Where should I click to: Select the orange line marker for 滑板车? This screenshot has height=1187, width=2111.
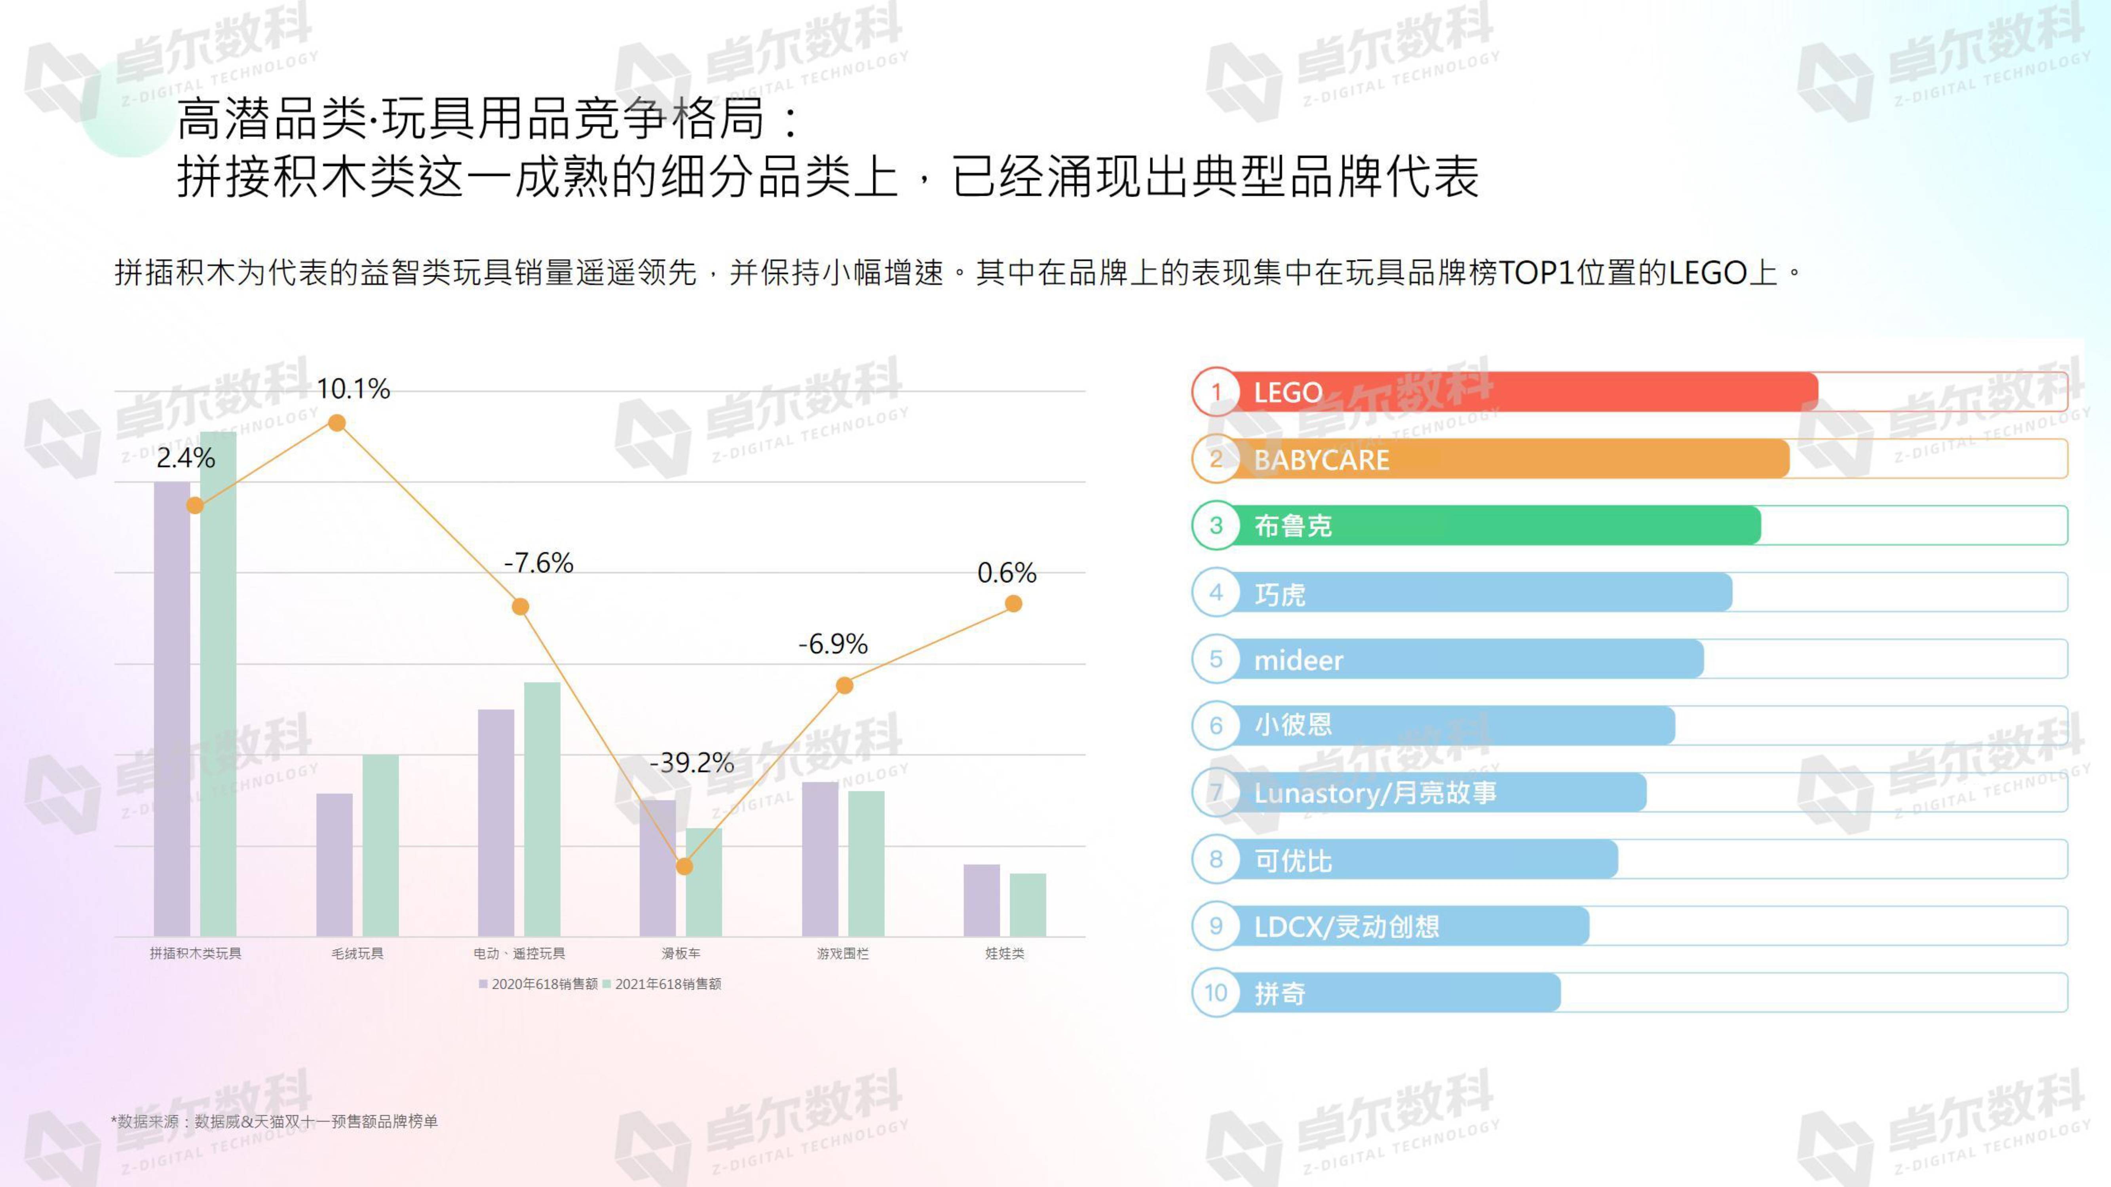click(684, 866)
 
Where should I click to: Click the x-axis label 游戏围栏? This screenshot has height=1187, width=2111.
click(842, 954)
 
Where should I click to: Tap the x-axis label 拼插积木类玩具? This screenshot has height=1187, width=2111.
click(195, 954)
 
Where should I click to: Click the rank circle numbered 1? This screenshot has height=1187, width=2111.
click(1216, 393)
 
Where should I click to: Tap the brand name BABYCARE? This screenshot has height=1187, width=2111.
click(1321, 459)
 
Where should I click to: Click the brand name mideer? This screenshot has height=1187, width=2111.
click(1298, 660)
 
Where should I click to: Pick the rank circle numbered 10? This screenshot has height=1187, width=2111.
click(1216, 993)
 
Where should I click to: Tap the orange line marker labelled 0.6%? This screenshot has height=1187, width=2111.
click(1014, 604)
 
